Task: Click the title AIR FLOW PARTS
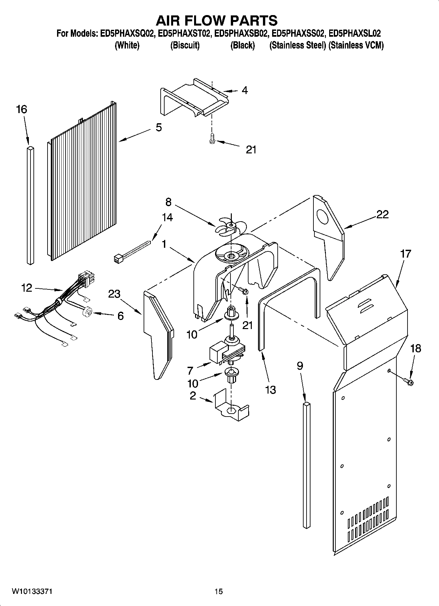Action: [x=216, y=20]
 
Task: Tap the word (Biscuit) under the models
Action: [x=185, y=45]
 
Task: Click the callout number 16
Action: [x=22, y=109]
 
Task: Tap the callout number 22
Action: [x=382, y=214]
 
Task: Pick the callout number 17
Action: [x=406, y=254]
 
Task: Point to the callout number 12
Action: [x=27, y=288]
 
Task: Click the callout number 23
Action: [x=114, y=294]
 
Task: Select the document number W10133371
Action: [x=32, y=591]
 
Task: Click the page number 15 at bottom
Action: [x=218, y=591]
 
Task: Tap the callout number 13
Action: [x=270, y=390]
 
